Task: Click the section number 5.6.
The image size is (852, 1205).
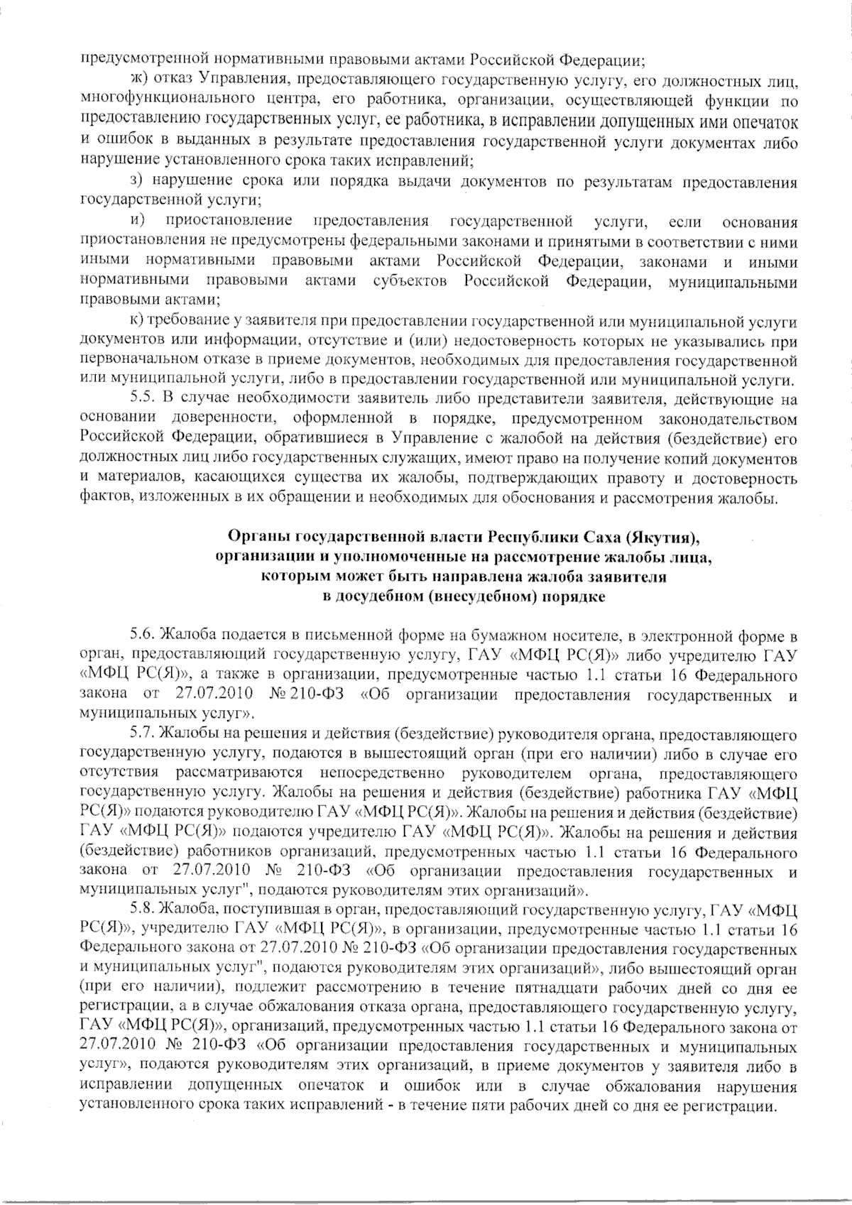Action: pos(144,633)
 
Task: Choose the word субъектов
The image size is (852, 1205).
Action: pos(410,282)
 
